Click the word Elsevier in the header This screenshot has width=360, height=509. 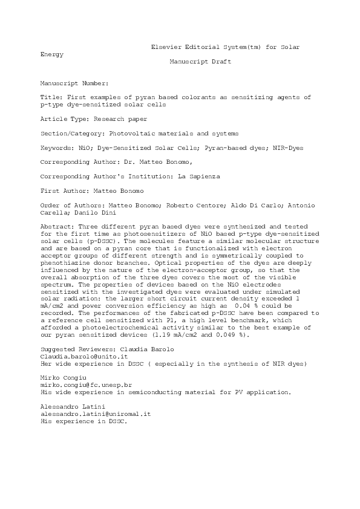pyautogui.click(x=166, y=47)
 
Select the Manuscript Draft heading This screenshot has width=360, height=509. pyautogui.click(x=200, y=62)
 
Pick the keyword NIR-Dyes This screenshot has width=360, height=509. pyautogui.click(x=287, y=148)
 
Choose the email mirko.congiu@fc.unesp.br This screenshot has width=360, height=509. pyautogui.click(x=86, y=384)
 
